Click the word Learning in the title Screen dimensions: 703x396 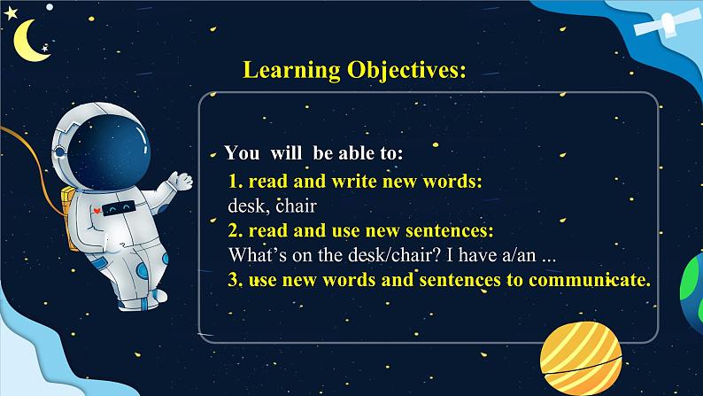click(291, 70)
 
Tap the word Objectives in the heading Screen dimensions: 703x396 click(406, 70)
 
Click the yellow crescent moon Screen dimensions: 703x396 click(29, 41)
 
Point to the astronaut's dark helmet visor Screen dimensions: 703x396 click(109, 151)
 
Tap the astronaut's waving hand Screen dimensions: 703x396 click(182, 181)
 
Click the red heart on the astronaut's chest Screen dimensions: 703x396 click(97, 210)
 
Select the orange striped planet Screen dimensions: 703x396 click(581, 358)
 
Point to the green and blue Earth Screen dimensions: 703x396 click(691, 287)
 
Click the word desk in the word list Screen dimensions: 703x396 click(246, 206)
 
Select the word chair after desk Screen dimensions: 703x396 click(296, 206)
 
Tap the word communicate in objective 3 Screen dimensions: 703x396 click(589, 279)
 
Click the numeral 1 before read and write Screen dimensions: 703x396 click(233, 182)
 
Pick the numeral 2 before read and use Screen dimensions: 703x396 click(234, 230)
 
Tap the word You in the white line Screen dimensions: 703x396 click(242, 153)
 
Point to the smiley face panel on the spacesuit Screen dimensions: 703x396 click(119, 208)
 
